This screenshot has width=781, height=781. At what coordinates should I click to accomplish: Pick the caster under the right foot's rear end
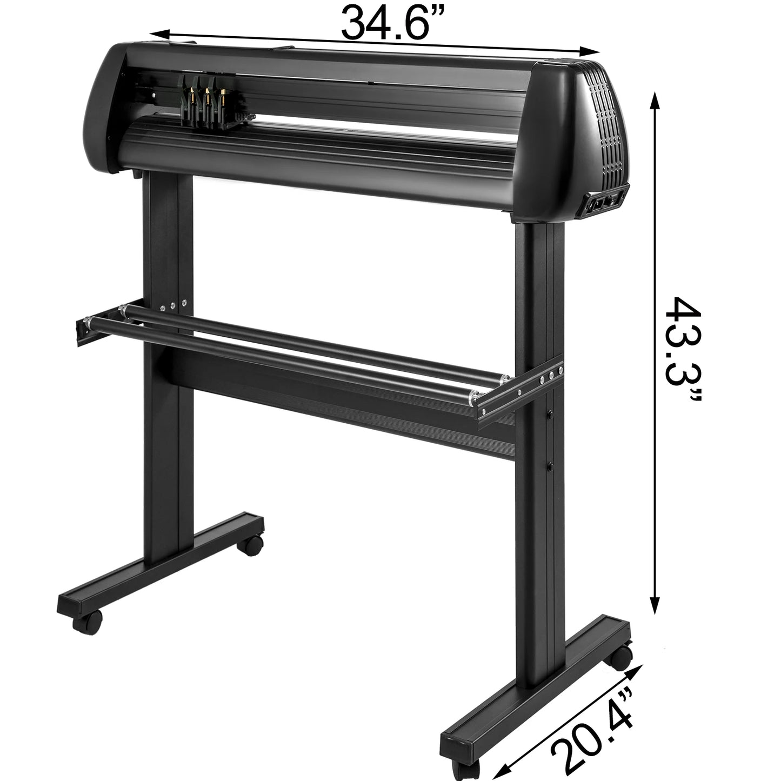click(x=622, y=657)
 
